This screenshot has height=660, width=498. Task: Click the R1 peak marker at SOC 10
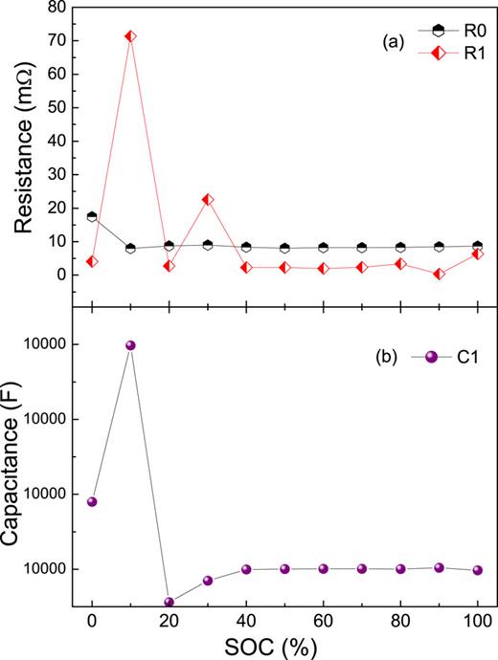pyautogui.click(x=130, y=36)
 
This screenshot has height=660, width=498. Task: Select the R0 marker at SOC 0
pyautogui.click(x=92, y=216)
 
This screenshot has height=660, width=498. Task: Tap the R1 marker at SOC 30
pyautogui.click(x=208, y=199)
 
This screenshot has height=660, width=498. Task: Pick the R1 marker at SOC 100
pyautogui.click(x=478, y=253)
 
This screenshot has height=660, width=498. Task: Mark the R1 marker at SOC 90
pyautogui.click(x=440, y=274)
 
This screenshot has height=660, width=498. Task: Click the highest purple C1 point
pyautogui.click(x=131, y=345)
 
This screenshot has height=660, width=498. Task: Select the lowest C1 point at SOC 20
pyautogui.click(x=170, y=603)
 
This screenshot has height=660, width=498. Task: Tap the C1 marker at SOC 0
pyautogui.click(x=92, y=501)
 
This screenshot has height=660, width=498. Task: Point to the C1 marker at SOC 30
pyautogui.click(x=208, y=581)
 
